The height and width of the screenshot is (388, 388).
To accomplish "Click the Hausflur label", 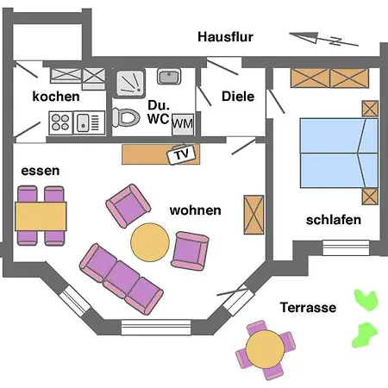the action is coord(225,37).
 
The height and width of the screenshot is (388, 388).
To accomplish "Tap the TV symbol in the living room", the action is coord(182,154).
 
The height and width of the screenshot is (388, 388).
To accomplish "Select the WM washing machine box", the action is coord(183,124).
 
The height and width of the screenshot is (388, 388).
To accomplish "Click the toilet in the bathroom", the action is coord(126,117).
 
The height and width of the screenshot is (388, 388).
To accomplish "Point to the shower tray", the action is coord(130,83).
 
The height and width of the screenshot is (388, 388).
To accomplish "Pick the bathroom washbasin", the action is coord(169,76).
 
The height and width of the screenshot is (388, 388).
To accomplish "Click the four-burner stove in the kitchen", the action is coord(60,122).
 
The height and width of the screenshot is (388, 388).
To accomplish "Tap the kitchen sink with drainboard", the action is coord(89,122).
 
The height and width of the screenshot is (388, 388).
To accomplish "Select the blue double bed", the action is coord(339,153).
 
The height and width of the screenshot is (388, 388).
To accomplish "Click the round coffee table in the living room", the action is coord(150,242).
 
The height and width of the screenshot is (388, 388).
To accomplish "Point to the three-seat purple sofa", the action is coord(122,278).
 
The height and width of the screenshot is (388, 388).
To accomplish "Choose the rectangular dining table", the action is coord(41,216).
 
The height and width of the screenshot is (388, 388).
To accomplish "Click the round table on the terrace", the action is coord(265,349).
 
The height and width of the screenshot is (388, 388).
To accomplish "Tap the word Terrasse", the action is coord(308,308).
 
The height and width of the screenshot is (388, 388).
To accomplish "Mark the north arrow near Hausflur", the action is coord(323,39).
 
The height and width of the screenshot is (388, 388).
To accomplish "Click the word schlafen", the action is coord(334,220).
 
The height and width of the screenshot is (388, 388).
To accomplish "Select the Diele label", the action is coord(238,97).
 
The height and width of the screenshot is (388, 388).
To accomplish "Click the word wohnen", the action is coord(196,210).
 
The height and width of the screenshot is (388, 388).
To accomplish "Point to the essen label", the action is coord(41,171).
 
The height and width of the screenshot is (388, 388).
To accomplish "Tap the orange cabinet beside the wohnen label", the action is coord(253,215).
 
